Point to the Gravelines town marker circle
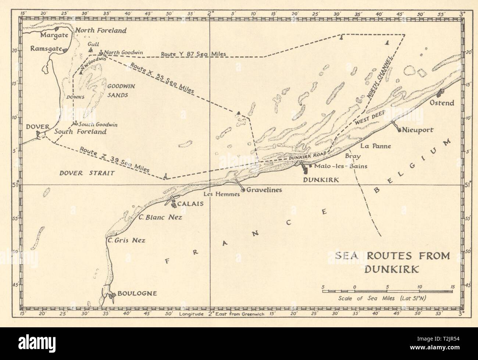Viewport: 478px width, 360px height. pos(243,190)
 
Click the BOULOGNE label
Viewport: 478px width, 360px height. pos(137,294)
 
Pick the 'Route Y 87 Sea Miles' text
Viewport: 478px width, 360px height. pos(193,54)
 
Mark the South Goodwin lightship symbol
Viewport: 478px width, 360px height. pos(75,124)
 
